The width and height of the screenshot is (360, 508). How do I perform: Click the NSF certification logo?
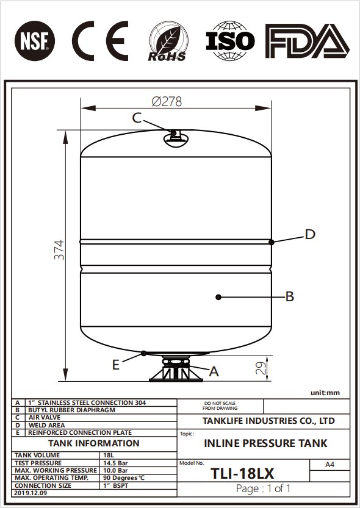[35, 40]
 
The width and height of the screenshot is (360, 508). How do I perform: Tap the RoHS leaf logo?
[168, 41]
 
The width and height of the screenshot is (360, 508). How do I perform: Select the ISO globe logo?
[230, 41]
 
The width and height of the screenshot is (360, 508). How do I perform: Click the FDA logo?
[307, 41]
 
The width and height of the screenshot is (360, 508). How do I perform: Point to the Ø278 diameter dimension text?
[167, 102]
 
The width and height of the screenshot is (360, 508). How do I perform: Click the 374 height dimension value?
[59, 250]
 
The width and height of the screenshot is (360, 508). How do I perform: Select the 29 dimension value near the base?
[261, 368]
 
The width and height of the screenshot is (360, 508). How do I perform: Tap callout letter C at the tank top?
[137, 118]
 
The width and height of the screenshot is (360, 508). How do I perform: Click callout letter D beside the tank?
[310, 234]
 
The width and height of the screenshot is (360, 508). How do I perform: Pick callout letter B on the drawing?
[290, 296]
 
